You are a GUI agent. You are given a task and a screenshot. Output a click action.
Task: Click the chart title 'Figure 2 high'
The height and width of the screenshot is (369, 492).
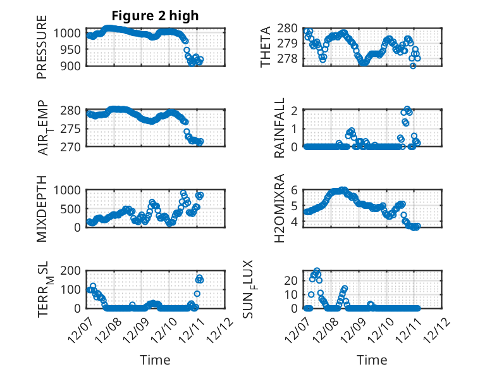[155, 15]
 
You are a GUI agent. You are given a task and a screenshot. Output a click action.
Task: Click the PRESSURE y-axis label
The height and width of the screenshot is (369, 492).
[42, 51]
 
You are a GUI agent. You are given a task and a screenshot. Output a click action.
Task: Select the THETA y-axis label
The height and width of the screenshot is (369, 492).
[266, 47]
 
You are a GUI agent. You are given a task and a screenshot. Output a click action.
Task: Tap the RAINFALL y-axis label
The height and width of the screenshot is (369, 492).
[280, 128]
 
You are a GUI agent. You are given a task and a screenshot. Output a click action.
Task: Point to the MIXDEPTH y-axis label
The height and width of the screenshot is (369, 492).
[42, 208]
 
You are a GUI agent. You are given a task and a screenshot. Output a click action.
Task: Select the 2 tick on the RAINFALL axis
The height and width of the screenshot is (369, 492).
[293, 110]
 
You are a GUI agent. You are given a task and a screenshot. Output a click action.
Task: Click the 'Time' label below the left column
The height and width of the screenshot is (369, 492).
[155, 360]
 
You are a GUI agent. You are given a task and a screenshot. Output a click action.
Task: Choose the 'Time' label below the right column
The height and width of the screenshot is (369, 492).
[372, 360]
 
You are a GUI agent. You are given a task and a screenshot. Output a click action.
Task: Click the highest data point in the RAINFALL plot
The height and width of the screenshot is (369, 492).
[407, 109]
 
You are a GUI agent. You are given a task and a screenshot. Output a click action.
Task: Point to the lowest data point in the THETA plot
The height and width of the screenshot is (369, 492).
[413, 66]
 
